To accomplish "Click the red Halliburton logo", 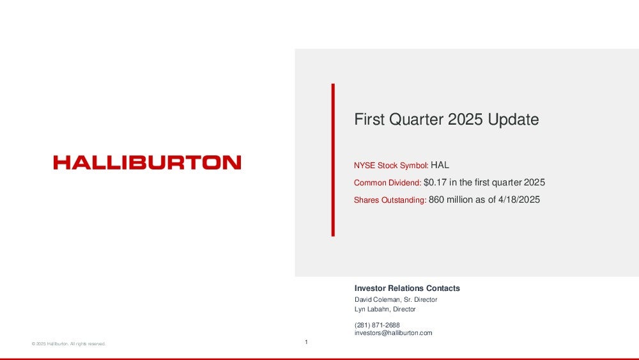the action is pos(147,162).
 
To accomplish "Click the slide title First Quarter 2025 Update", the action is pos(446,120).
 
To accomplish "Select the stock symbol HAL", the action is pos(440,165).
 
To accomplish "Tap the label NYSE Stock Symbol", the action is pos(390,166).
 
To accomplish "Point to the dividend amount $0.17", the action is pos(435,182).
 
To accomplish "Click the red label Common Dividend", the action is pos(387,183).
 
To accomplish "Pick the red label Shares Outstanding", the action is pos(390,200).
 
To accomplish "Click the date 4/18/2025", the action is pos(519,200).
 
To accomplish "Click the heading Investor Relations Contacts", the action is pos(407,288).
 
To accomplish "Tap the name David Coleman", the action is pos(378,300).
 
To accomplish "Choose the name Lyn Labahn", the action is pos(372,309).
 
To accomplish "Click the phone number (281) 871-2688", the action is pos(377,325).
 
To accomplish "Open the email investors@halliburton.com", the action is pos(393,333).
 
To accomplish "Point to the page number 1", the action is pos(306,342).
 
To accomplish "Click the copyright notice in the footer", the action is pos(68,343).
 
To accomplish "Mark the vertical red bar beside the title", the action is pos(333,160).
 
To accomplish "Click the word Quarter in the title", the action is pos(416,120).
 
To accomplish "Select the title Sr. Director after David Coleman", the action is pos(420,300).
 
